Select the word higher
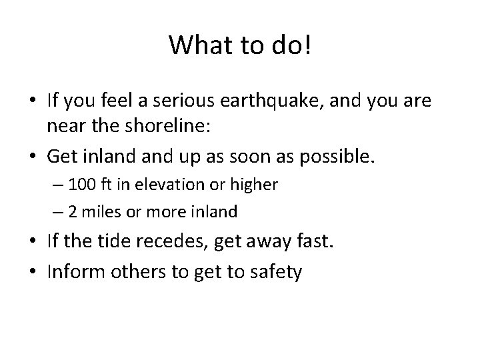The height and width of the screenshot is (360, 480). [x=256, y=185]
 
